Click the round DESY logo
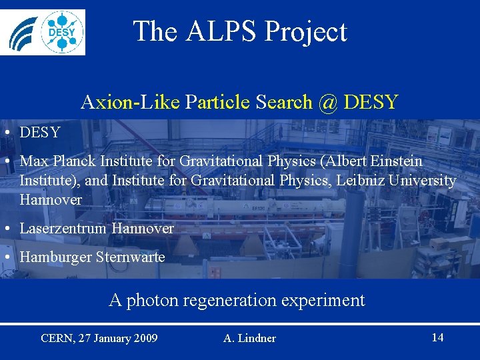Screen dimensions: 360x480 click(63, 31)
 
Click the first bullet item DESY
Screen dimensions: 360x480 click(40, 133)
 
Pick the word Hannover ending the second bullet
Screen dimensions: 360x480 click(51, 200)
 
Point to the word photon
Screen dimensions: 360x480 click(149, 301)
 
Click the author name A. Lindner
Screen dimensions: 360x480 click(249, 339)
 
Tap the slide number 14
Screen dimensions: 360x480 click(437, 337)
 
